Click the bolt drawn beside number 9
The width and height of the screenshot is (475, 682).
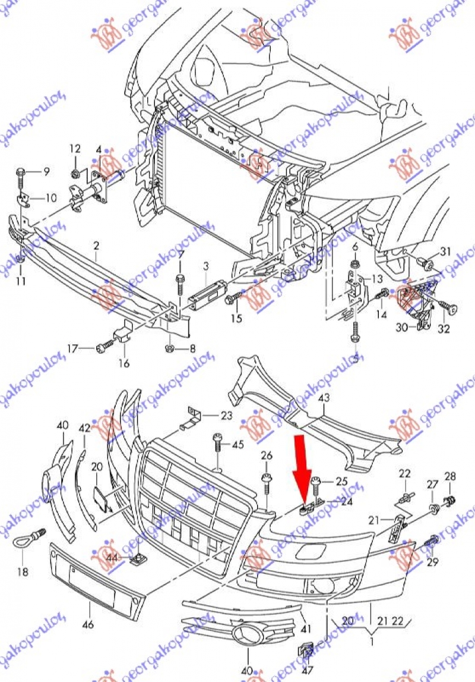[21, 174]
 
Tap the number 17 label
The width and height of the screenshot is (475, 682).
[72, 348]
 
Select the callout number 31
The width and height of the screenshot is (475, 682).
[445, 251]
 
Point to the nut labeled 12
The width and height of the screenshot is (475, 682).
[76, 174]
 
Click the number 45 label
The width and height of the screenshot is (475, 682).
[237, 444]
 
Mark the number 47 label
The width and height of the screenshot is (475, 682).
[307, 670]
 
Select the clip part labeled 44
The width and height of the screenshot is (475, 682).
[140, 558]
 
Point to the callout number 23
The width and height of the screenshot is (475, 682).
[226, 416]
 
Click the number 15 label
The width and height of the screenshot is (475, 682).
[236, 319]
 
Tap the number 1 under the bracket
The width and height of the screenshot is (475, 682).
[371, 642]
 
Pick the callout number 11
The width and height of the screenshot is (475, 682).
[21, 280]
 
